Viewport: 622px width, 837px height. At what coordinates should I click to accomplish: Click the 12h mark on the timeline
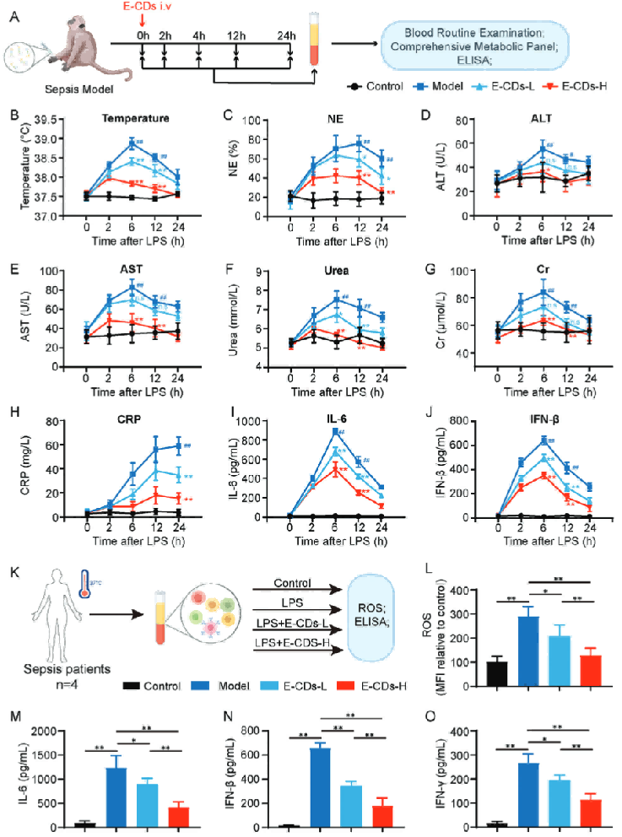pos(235,35)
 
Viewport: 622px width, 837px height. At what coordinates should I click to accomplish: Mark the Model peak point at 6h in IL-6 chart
pos(336,431)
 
